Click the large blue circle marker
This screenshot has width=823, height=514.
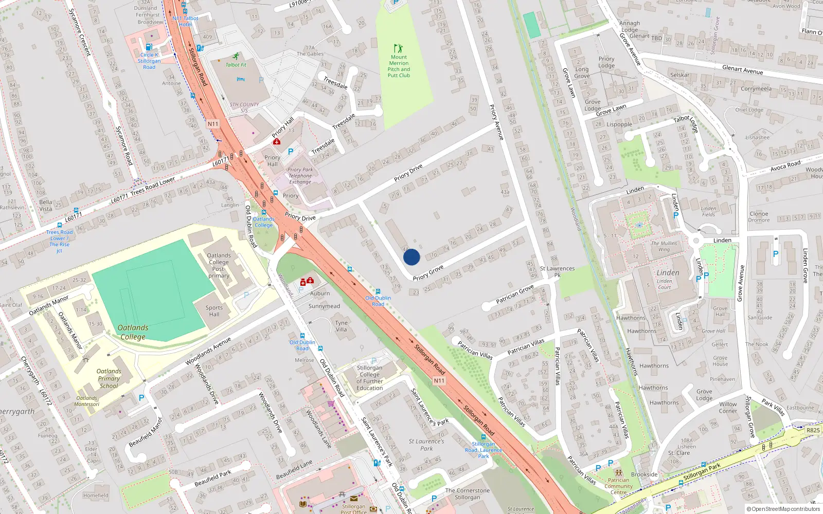411,257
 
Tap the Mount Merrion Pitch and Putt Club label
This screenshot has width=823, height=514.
399,66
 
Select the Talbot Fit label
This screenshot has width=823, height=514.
236,65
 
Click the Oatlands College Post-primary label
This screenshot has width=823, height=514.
219,265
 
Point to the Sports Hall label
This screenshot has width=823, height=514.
214,311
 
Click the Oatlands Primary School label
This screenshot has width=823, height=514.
109,378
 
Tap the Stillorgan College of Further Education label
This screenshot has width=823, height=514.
369,378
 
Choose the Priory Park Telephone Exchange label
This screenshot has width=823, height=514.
300,176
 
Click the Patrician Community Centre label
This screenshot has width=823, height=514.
618,486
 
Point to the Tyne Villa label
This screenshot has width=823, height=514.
342,326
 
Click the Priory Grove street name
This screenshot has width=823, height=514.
428,273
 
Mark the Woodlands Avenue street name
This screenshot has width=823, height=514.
208,352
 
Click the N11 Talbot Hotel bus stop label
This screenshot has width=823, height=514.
185,21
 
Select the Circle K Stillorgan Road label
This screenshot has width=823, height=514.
149,61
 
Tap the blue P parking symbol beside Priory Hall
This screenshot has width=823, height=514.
291,152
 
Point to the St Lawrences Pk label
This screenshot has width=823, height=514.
557,271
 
